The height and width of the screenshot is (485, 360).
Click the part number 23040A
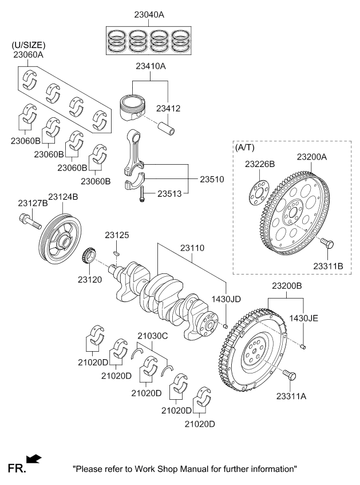click(x=148, y=15)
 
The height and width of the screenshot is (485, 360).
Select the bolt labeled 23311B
click(x=327, y=244)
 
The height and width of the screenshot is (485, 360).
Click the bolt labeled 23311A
click(x=291, y=376)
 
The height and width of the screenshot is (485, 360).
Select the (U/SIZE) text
click(x=29, y=45)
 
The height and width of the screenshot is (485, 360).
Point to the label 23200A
click(x=312, y=156)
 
